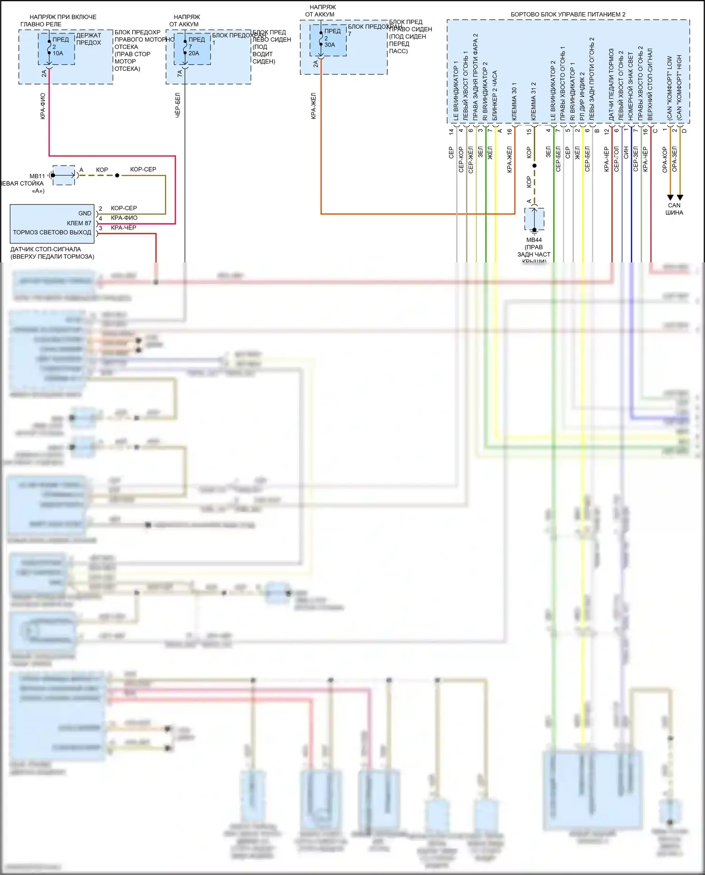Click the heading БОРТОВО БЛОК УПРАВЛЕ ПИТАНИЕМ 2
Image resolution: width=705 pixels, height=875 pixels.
pyautogui.click(x=568, y=15)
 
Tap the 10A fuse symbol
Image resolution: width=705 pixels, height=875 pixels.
pyautogui.click(x=49, y=47)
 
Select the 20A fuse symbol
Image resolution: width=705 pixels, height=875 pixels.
pyautogui.click(x=185, y=47)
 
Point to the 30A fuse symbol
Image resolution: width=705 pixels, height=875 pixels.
pyautogui.click(x=321, y=39)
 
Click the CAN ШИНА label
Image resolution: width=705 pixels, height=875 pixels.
pyautogui.click(x=674, y=209)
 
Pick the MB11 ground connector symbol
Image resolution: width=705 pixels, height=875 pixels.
pyautogui.click(x=63, y=175)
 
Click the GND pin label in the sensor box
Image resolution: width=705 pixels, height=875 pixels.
pyautogui.click(x=85, y=213)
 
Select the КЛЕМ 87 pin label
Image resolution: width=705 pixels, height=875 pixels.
pyautogui.click(x=79, y=223)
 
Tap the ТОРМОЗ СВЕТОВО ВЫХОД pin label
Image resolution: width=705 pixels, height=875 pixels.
pyautogui.click(x=52, y=233)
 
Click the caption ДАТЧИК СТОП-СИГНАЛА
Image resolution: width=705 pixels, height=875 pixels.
pyautogui.click(x=46, y=249)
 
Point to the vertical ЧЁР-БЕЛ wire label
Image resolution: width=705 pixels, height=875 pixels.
pyautogui.click(x=178, y=105)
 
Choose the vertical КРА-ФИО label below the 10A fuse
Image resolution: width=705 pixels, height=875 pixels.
pyautogui.click(x=43, y=106)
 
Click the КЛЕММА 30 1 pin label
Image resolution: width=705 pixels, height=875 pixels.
pyautogui.click(x=514, y=102)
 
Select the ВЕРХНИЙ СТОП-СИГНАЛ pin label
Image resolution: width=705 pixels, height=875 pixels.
pyautogui.click(x=650, y=84)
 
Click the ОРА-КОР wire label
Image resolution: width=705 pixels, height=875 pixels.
pyautogui.click(x=665, y=160)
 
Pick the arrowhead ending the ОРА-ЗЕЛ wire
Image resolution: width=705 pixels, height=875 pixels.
pyautogui.click(x=680, y=197)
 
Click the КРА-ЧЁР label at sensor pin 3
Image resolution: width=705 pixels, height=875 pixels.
pyautogui.click(x=124, y=228)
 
